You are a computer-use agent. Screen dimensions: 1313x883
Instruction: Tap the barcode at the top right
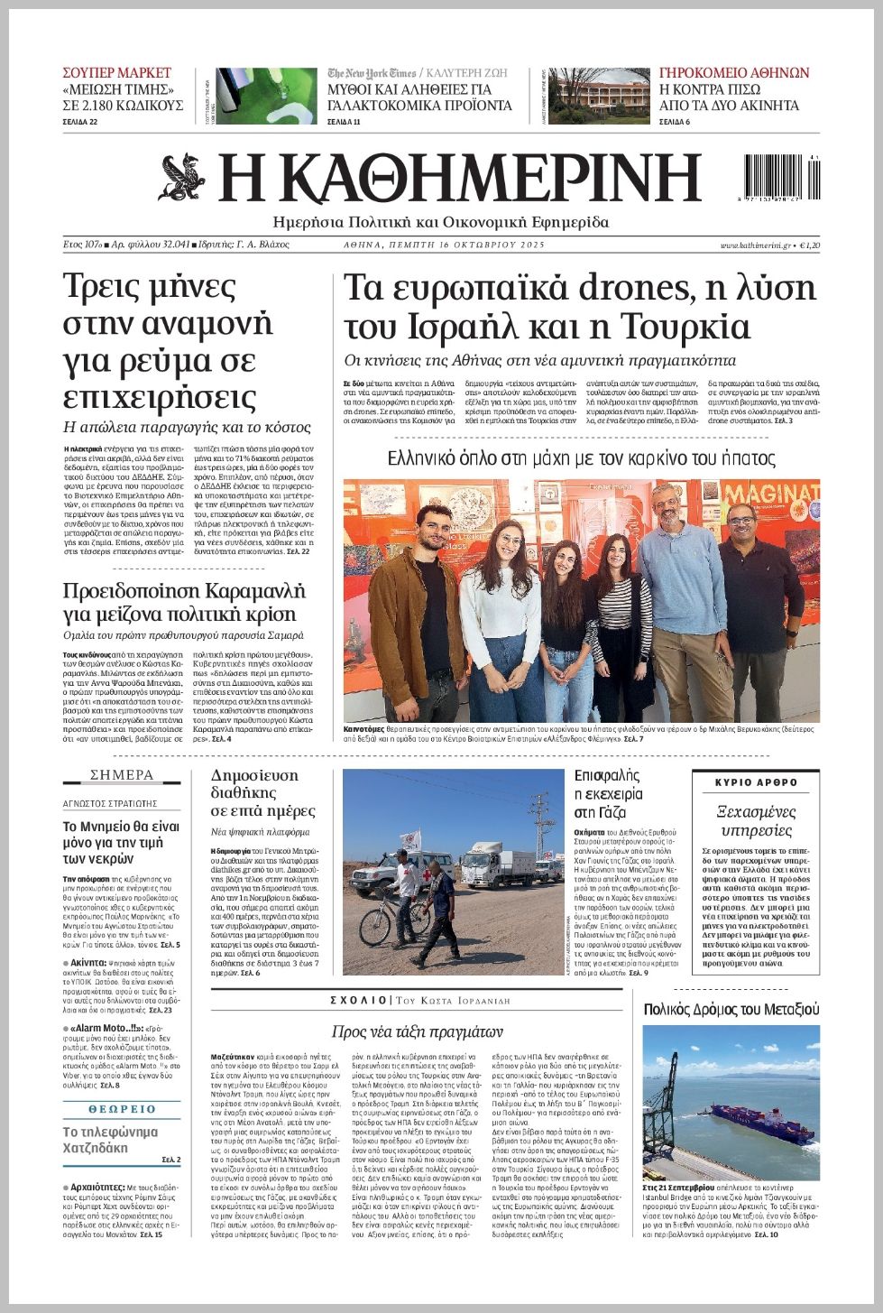(x=782, y=177)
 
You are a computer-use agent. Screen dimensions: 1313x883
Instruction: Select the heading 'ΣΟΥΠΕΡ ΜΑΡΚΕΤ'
(x=116, y=73)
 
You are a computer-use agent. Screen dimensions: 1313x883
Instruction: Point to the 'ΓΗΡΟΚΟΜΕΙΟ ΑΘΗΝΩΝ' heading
(x=734, y=73)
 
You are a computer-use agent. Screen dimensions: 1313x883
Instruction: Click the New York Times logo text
(x=372, y=73)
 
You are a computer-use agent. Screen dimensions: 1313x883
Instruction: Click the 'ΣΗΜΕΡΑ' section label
(x=122, y=775)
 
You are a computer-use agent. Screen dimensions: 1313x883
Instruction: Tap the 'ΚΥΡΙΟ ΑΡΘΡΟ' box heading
(x=756, y=782)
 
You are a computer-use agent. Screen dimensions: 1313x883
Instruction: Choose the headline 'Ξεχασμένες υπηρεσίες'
(x=756, y=820)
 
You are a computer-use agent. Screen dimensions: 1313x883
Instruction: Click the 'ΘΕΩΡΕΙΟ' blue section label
(x=122, y=1109)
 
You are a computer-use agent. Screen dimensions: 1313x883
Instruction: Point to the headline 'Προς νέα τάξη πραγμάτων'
(x=417, y=1031)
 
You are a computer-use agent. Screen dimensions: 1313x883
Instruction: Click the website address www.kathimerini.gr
(x=755, y=245)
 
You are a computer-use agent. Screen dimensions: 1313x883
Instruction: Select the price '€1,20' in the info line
(x=809, y=245)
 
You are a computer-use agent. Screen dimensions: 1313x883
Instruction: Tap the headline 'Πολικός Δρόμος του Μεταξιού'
(x=731, y=1009)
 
